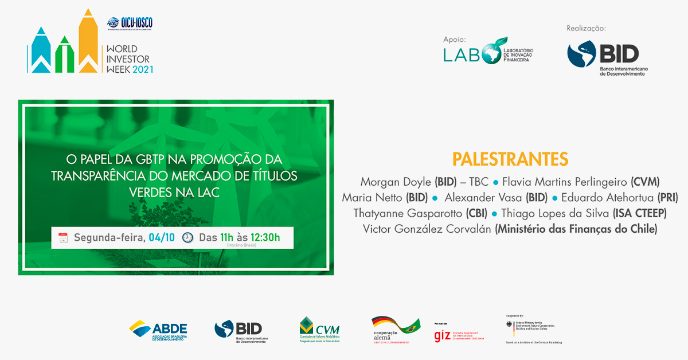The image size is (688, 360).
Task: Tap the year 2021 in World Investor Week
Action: point(143,69)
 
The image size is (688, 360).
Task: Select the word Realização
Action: point(586,29)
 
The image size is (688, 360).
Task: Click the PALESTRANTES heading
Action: point(510,159)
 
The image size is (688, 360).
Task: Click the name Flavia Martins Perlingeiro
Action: point(565,182)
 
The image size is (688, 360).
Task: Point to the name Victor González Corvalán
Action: point(428,229)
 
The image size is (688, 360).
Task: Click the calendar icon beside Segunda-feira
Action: point(63,237)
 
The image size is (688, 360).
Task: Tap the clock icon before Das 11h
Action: point(187,237)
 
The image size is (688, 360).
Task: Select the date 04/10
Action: point(163,237)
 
